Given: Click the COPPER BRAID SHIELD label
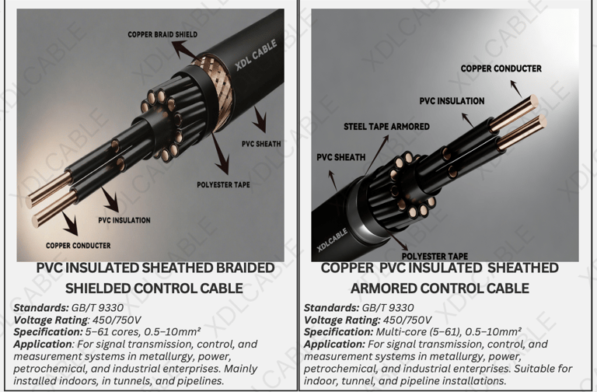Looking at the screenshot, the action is pos(162,34).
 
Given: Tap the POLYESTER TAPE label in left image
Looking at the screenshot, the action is pos(224,185).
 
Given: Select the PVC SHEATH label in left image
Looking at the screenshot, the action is pos(261,144).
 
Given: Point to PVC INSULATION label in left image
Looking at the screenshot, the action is pos(124,220).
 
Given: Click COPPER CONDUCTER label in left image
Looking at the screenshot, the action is pos(78,246).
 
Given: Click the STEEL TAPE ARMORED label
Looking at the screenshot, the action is pos(386,126).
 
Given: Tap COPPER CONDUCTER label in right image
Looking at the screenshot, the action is pos(501,68).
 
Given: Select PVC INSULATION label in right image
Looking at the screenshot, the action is pos(452,101).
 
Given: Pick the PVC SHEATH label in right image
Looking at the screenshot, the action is pos(340,157).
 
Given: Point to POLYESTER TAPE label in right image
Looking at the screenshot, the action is pos(435,256).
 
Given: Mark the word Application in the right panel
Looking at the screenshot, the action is pos(334,344).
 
